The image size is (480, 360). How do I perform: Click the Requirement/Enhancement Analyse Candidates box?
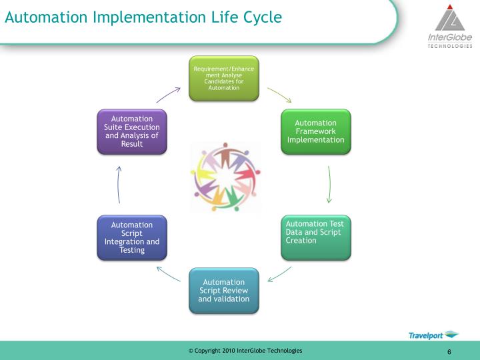point(223,79)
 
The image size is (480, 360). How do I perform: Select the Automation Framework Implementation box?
point(315,131)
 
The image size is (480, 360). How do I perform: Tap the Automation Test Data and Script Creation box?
point(315,237)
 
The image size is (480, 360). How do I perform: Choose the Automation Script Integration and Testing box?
point(131,237)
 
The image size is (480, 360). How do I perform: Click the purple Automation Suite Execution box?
point(131,131)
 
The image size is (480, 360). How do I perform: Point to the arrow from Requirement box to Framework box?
point(279,94)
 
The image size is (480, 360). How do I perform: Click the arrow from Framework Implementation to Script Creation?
point(329,184)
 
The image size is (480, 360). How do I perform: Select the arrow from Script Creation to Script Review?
point(279,274)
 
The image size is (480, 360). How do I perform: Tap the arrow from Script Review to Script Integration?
point(167,273)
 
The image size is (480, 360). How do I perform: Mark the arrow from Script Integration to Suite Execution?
point(119,184)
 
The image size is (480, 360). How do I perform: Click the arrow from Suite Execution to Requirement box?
point(168,94)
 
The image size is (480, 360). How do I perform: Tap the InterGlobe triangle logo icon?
point(450,17)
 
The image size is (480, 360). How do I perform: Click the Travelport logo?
point(433,335)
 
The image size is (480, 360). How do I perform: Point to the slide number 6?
point(449,352)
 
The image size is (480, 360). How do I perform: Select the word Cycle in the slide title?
point(259,17)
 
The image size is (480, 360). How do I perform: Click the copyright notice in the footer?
point(245,351)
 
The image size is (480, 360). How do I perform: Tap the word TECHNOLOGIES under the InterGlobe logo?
point(450,46)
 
